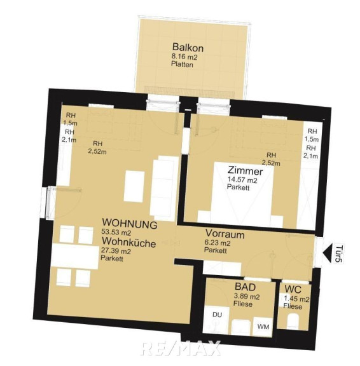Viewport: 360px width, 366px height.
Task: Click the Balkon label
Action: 188,47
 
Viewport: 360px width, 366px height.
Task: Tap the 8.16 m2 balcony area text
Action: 184,57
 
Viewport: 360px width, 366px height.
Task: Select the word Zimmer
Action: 245,171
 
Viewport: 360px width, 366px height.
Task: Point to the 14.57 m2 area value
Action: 242,180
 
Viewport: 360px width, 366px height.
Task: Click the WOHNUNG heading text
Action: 130,224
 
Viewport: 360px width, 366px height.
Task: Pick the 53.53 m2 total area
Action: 116,233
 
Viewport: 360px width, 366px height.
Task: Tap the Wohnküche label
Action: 128,242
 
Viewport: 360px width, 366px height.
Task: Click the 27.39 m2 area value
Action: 116,251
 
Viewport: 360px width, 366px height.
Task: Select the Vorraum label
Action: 225,234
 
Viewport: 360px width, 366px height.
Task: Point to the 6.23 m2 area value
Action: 218,243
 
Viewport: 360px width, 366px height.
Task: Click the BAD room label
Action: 245,287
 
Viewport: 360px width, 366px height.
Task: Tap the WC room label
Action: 293,290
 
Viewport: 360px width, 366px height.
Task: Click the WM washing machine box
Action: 263,327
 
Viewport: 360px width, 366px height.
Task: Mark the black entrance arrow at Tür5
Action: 327,253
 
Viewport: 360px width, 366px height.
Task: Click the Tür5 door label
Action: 339,254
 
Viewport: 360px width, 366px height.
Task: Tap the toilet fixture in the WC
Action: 293,322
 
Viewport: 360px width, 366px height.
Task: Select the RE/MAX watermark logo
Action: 181,348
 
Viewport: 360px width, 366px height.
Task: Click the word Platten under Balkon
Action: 182,64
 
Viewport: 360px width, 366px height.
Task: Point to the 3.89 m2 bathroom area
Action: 246,297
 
